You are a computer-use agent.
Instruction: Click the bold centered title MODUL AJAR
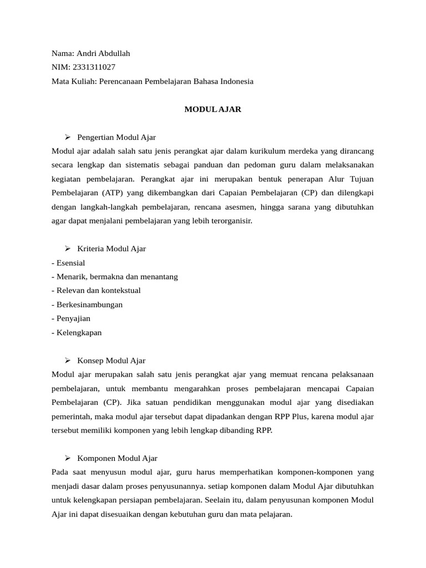(x=212, y=109)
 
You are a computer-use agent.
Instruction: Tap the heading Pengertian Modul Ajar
(x=116, y=137)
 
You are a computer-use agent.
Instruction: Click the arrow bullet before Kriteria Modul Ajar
(x=68, y=248)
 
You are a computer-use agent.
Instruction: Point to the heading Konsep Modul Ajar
(x=111, y=361)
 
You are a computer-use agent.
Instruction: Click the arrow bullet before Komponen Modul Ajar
(x=68, y=458)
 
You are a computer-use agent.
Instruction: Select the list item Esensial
(x=69, y=263)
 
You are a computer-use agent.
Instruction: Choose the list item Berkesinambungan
(x=88, y=305)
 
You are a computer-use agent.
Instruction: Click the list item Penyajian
(x=72, y=318)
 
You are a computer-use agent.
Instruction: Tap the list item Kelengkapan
(x=78, y=333)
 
